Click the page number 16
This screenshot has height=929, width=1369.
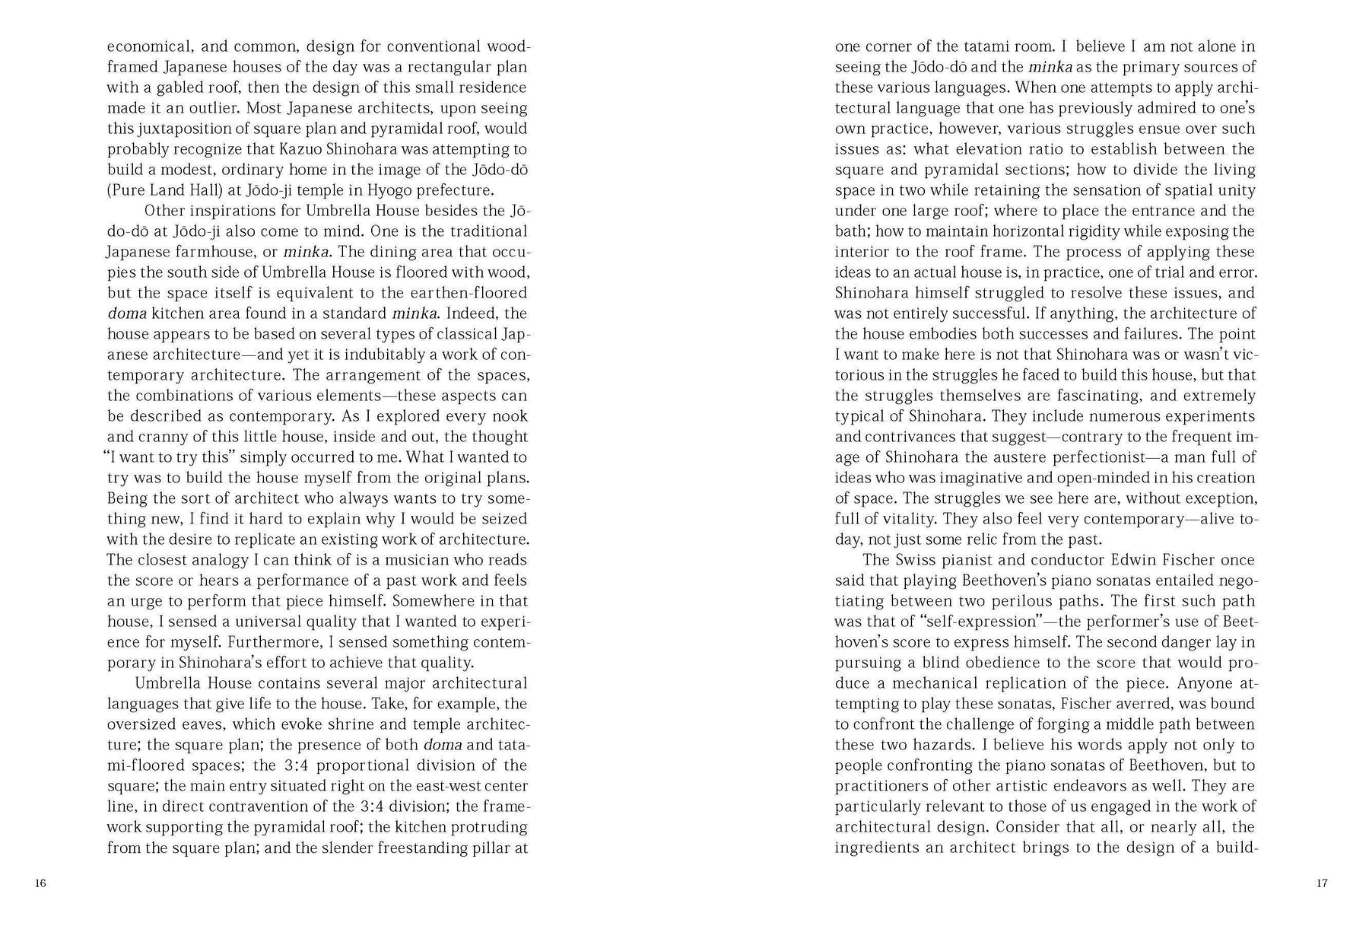coord(40,883)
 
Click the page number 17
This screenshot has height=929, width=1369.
coord(1321,883)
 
